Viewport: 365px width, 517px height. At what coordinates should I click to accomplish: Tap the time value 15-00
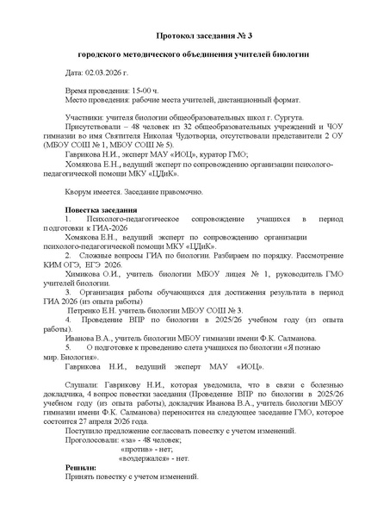click(137, 90)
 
